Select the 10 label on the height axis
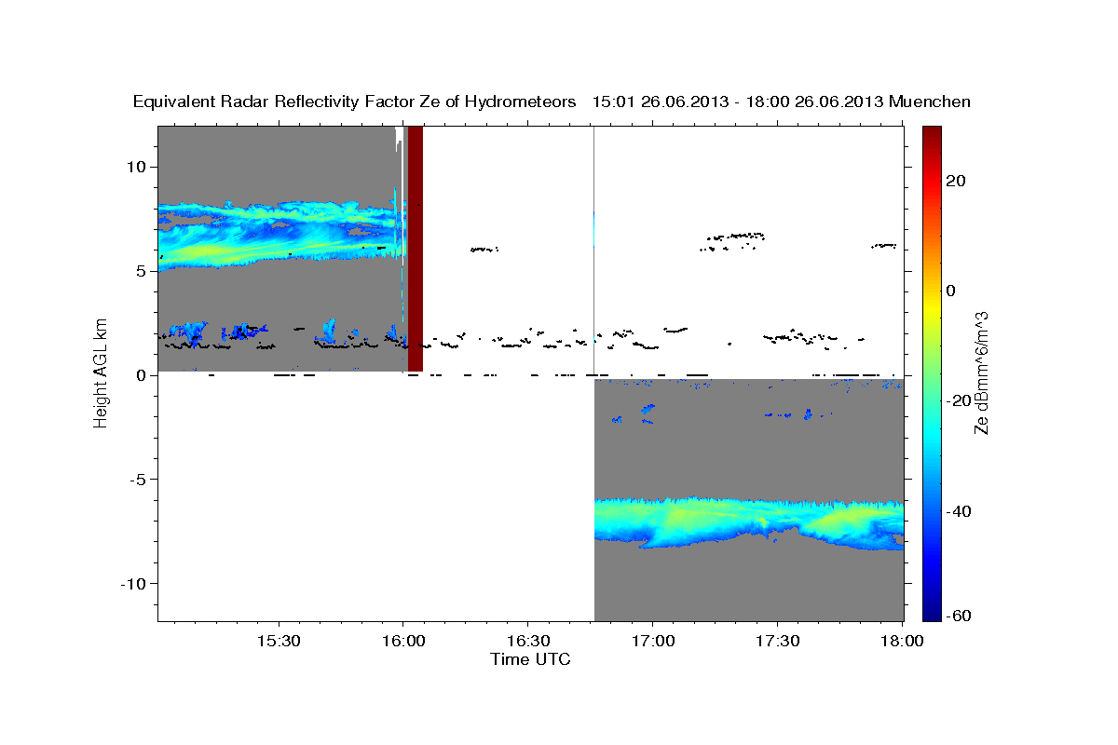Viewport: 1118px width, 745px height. point(137,168)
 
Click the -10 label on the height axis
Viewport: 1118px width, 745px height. point(133,584)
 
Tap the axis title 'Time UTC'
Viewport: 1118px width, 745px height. point(530,659)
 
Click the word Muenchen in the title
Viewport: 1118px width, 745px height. point(930,102)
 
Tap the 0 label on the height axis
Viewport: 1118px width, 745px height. point(142,375)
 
